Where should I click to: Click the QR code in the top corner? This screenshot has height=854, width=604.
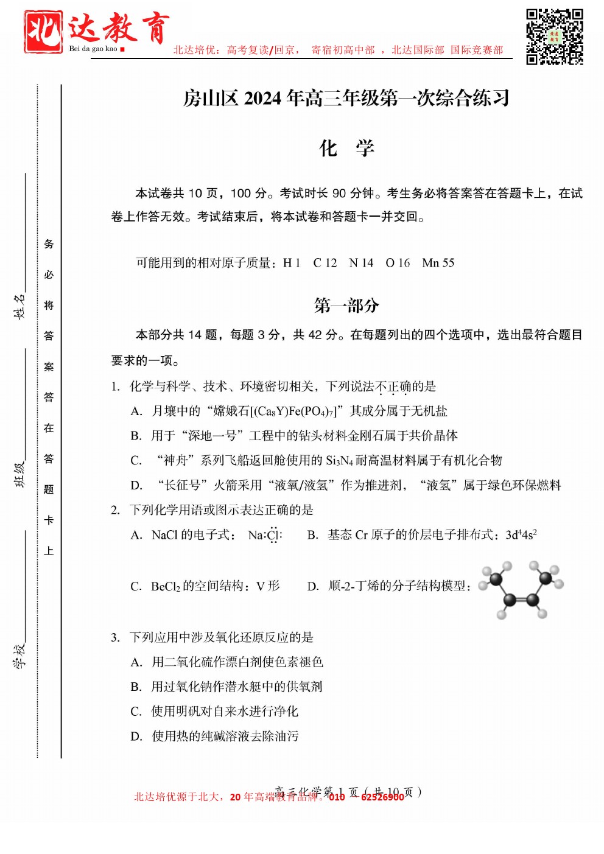click(554, 37)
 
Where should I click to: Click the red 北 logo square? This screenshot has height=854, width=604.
click(43, 32)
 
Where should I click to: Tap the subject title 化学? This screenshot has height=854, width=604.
click(346, 148)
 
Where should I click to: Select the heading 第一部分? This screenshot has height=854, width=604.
click(346, 305)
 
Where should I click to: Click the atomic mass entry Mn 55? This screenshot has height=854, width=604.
click(438, 263)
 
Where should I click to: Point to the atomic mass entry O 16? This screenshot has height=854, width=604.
click(398, 263)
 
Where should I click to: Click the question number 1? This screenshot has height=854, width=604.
click(115, 387)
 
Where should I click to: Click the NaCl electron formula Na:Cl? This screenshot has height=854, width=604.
click(265, 535)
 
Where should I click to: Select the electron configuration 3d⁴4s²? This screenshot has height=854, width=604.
click(521, 535)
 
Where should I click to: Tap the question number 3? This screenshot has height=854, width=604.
click(115, 637)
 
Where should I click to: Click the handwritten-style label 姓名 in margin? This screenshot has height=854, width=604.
click(20, 306)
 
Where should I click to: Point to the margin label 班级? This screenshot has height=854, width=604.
click(20, 474)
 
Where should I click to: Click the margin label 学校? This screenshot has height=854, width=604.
click(20, 655)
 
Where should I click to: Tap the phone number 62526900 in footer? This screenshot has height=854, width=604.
click(382, 797)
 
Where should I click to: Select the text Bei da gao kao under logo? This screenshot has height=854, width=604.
click(93, 49)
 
